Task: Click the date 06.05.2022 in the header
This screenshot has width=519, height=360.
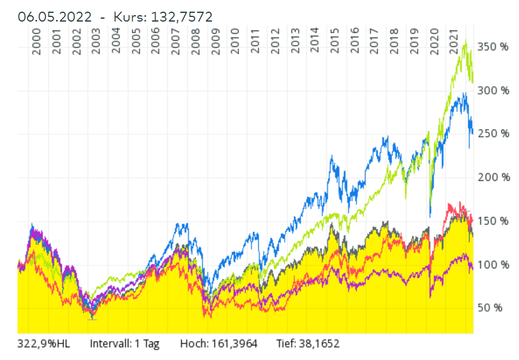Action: click(55, 17)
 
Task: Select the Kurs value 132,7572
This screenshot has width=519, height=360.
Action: click(181, 17)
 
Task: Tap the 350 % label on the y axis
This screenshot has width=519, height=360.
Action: click(493, 47)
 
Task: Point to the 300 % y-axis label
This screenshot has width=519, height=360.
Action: click(493, 90)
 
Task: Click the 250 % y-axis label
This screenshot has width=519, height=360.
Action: click(493, 134)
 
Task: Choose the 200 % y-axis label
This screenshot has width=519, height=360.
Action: click(493, 177)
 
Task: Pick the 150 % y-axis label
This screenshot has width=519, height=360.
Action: click(493, 221)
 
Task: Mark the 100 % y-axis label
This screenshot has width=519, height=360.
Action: click(493, 264)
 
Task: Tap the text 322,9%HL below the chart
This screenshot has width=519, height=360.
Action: click(43, 344)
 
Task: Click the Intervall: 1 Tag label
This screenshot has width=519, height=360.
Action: click(124, 344)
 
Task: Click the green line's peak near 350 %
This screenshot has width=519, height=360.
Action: click(465, 41)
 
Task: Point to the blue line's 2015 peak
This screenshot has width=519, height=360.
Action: click(332, 156)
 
